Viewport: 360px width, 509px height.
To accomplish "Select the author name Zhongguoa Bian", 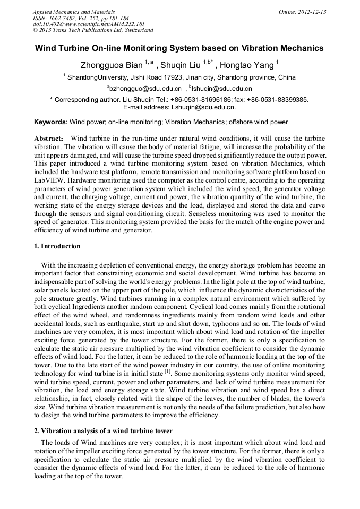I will pos(111,65).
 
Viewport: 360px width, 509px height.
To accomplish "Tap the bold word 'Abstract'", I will pos(49,138).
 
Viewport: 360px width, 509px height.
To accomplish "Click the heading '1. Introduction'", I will pos(57,246).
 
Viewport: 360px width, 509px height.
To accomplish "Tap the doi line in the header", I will pos(89,24).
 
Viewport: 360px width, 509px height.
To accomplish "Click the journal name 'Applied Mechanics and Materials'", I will pos(74,12).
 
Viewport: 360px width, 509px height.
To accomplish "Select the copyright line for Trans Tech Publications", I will pos(93,30).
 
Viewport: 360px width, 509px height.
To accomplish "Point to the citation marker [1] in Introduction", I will pos(167,373).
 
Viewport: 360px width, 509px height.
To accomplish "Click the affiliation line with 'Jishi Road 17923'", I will pos(181,77).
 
